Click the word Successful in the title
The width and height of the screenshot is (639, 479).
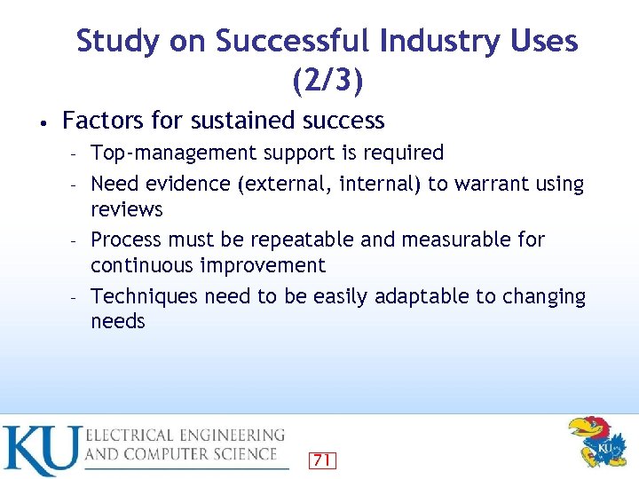tap(292, 41)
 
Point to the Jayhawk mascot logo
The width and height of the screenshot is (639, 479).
tap(596, 442)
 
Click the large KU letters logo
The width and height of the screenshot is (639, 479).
tap(41, 451)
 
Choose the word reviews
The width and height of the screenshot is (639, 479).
tap(127, 209)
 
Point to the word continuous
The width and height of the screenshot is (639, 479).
tap(143, 265)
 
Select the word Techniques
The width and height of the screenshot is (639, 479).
tap(145, 296)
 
